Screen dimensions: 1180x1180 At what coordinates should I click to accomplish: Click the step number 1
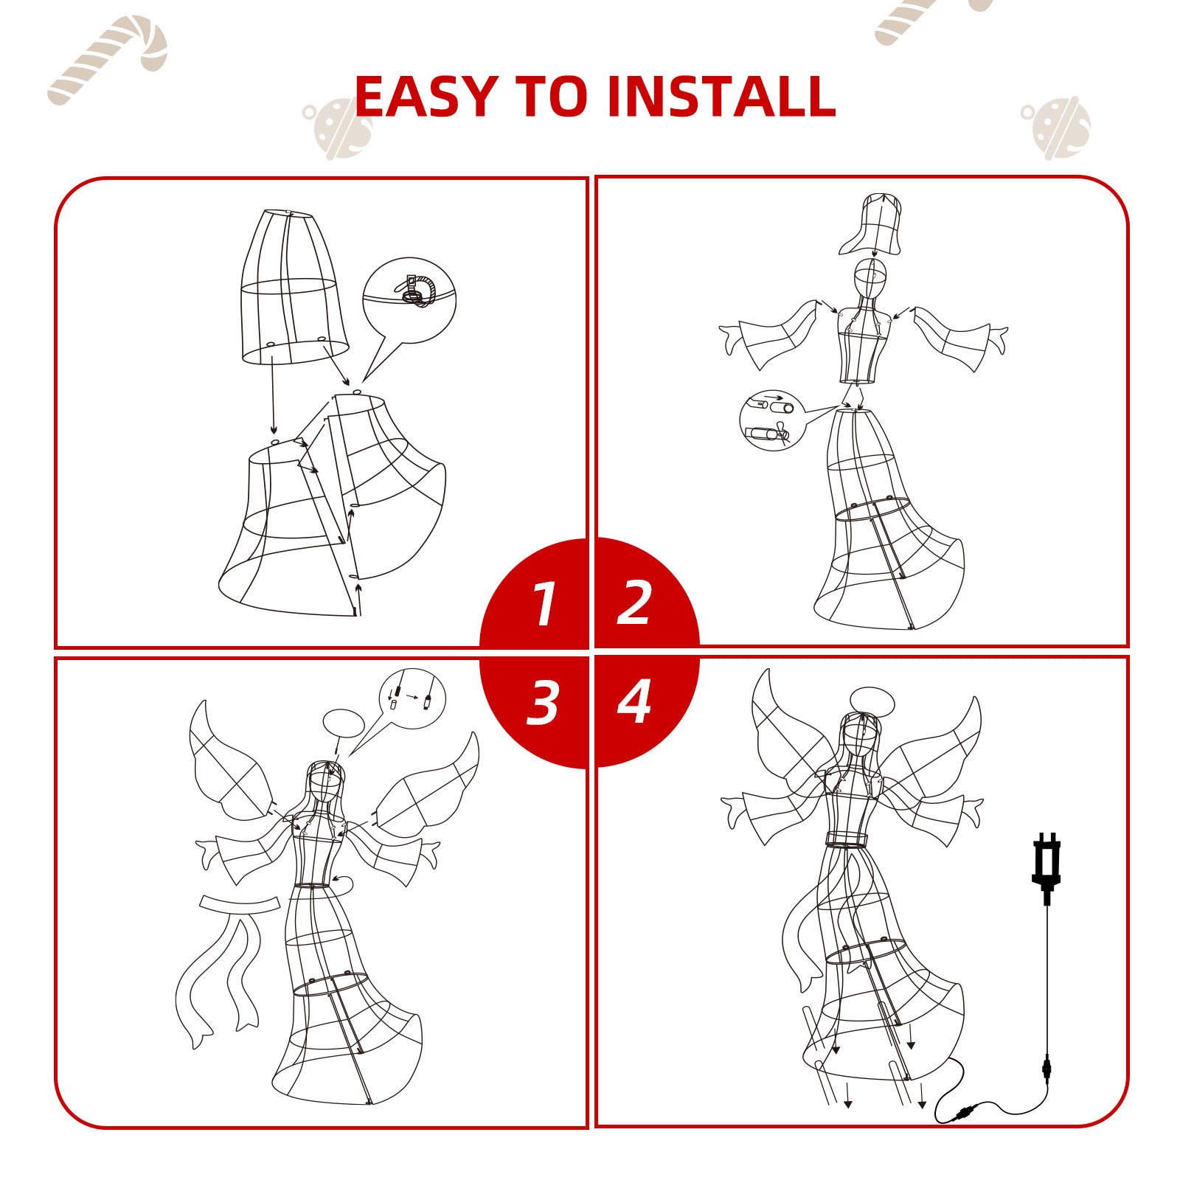(544, 604)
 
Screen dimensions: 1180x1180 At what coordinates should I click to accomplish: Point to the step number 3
(543, 701)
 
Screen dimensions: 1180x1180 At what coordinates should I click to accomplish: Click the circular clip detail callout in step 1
(409, 300)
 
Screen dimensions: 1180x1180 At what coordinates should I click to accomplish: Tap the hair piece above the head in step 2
(872, 224)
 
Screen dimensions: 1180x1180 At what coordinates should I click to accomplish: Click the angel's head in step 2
(870, 281)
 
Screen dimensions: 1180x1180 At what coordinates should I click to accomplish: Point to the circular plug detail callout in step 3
(412, 698)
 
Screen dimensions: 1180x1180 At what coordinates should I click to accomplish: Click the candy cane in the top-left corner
(108, 59)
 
